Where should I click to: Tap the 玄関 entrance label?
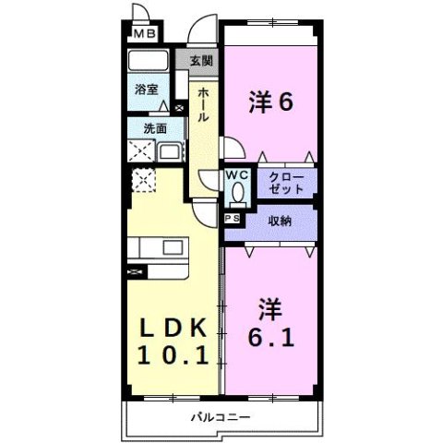click(x=202, y=62)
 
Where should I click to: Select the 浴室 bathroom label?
click(x=146, y=90)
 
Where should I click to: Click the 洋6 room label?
click(x=270, y=102)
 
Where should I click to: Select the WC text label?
click(x=236, y=174)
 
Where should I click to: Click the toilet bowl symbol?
click(x=237, y=193)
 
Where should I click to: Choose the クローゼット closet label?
click(x=287, y=181)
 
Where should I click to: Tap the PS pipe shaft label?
click(x=231, y=218)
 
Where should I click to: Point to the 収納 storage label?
click(x=281, y=221)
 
